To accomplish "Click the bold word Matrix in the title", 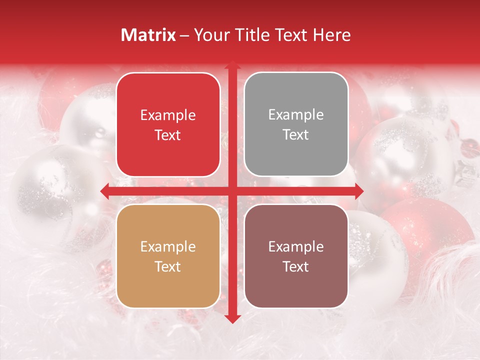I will [x=148, y=35].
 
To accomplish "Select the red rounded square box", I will [x=168, y=124].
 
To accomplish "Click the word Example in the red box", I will [x=168, y=115].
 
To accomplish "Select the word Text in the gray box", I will [x=296, y=135].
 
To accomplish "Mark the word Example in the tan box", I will [x=168, y=246].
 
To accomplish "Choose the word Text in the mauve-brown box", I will [x=296, y=266].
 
